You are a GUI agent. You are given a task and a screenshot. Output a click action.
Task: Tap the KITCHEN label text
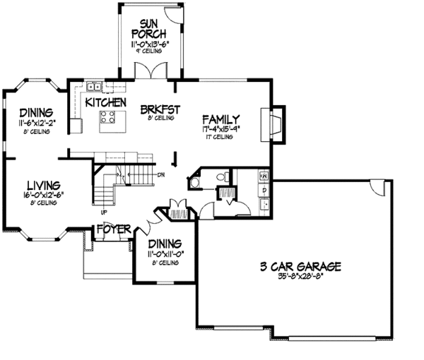click(x=105, y=103)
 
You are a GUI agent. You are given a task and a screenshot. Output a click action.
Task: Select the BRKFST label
click(x=159, y=109)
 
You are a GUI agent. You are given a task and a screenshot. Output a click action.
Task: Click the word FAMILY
click(x=221, y=119)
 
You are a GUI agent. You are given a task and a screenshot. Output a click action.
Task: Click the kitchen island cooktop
click(x=110, y=119)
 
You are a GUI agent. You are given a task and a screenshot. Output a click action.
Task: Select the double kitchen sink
click(x=96, y=88)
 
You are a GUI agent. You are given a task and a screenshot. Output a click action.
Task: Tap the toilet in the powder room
click(x=220, y=177)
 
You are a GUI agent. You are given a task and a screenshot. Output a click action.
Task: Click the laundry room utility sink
click(x=263, y=205)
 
